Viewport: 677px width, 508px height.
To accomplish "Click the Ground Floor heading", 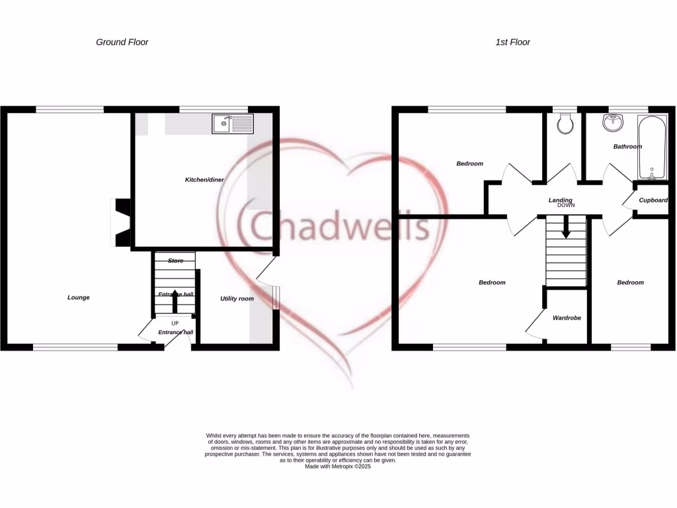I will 122,42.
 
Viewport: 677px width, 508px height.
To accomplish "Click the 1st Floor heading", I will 513,42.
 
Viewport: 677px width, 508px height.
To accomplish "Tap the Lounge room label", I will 79,298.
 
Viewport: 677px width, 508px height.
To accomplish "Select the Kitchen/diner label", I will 204,180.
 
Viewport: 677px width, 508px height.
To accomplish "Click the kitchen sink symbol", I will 232,123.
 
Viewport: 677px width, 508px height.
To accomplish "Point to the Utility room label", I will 237,299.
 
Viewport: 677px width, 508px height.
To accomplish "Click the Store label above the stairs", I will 175,261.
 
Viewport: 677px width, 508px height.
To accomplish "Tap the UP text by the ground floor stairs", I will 175,323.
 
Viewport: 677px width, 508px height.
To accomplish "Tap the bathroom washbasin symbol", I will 613,122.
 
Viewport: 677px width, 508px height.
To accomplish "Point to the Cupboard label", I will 653,200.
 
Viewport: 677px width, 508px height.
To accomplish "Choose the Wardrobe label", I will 567,318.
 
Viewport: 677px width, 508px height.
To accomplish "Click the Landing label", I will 560,200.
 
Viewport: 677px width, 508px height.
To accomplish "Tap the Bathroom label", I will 627,147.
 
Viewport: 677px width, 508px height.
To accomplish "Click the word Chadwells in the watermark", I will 339,227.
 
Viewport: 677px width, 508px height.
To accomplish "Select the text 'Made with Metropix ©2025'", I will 338,466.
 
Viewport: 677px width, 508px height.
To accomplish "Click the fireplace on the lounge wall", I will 122,223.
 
